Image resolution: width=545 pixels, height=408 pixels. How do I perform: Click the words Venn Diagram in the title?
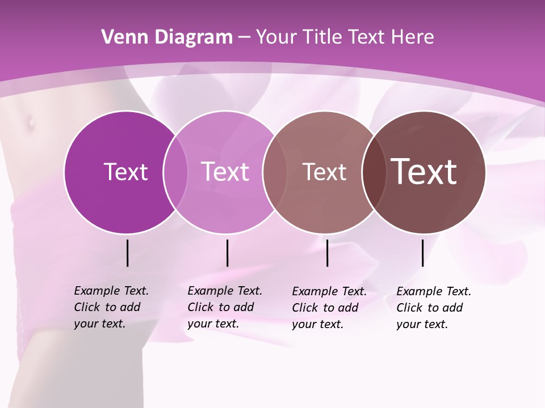[167, 37]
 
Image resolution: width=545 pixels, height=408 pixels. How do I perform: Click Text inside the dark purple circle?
[125, 172]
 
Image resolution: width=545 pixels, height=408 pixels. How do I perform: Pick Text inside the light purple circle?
[225, 172]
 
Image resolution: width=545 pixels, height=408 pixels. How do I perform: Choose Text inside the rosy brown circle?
[324, 172]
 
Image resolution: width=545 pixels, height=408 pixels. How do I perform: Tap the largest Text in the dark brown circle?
[424, 172]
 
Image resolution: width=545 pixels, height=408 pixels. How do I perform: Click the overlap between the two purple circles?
[175, 172]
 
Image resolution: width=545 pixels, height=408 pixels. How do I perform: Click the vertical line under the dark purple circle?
[127, 253]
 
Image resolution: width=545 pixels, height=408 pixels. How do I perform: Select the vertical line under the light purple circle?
[227, 253]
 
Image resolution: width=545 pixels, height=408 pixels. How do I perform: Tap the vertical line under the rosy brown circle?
[327, 253]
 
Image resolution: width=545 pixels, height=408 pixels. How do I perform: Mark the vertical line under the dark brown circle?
[423, 253]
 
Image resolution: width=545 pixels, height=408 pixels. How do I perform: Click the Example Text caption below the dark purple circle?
[111, 307]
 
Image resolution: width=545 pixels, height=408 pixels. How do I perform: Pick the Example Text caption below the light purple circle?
[224, 307]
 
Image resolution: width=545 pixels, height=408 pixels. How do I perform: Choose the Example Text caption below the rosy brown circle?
[329, 308]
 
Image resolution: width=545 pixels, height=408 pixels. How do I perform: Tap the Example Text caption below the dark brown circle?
[433, 308]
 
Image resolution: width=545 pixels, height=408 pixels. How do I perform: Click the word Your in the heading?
[277, 37]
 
